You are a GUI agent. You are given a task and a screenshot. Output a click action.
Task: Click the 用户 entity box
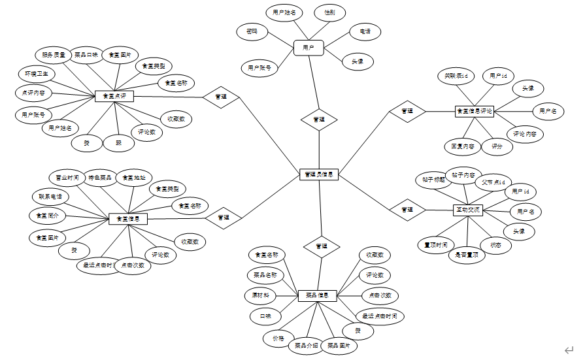[309, 47]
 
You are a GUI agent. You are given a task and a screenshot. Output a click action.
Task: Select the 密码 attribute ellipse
[252, 31]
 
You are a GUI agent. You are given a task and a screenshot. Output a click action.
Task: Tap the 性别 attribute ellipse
[329, 12]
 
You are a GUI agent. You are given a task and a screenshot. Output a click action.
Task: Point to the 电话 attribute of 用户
[364, 31]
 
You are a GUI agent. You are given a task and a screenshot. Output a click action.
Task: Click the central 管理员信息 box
[319, 174]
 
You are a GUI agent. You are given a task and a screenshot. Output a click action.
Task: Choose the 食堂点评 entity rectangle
[114, 96]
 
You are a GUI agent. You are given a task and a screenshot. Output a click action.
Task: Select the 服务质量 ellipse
[54, 55]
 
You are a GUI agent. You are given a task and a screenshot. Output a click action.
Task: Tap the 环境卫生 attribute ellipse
[37, 73]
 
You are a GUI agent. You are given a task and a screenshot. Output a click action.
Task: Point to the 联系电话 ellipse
[50, 196]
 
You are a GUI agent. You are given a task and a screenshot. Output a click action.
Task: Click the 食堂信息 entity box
[127, 218]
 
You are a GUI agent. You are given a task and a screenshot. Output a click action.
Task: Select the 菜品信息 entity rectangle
[317, 295]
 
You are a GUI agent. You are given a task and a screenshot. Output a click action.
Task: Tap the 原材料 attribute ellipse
[260, 295]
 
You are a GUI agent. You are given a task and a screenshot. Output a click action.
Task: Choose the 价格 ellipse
[278, 338]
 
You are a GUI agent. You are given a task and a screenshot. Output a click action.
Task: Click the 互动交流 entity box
[468, 210]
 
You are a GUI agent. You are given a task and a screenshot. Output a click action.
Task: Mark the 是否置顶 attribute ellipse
[467, 255]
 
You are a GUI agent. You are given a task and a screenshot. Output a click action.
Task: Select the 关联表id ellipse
[456, 76]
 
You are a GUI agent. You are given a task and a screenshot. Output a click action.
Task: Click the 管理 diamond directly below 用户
[319, 120]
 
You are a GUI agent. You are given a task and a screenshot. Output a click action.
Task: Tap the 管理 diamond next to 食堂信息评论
[407, 111]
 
